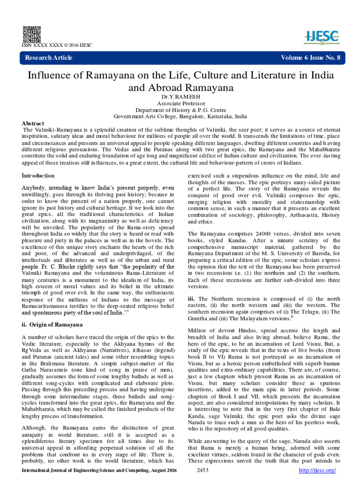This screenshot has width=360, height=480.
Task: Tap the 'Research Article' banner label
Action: coord(49,58)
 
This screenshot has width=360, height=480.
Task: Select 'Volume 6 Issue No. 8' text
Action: coord(310,58)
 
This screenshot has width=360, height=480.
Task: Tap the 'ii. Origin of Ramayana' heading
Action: coord(53,325)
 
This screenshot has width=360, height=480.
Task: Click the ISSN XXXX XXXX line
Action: coord(57,45)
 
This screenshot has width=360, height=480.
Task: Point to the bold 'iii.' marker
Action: coord(191,298)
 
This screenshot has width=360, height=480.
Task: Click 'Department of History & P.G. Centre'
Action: coord(181,110)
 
